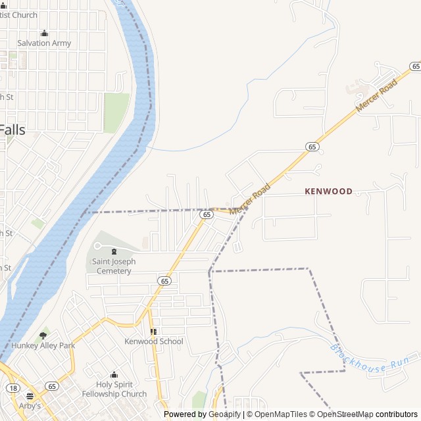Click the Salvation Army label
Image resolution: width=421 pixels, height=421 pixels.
pyautogui.click(x=44, y=43)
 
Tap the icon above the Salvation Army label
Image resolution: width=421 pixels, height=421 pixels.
pyautogui.click(x=44, y=33)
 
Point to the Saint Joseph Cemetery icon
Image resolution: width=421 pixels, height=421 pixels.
pyautogui.click(x=114, y=251)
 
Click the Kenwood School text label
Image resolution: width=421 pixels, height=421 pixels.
pyautogui.click(x=154, y=341)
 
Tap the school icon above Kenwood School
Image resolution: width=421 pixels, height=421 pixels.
pyautogui.click(x=154, y=332)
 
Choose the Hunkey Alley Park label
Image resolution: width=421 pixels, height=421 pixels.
pyautogui.click(x=43, y=345)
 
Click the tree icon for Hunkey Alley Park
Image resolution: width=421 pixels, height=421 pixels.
pyautogui.click(x=43, y=335)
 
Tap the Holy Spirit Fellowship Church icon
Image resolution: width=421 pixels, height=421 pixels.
pyautogui.click(x=114, y=374)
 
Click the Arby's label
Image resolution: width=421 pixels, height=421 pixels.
pyautogui.click(x=30, y=406)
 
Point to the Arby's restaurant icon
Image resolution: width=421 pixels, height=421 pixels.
pyautogui.click(x=30, y=396)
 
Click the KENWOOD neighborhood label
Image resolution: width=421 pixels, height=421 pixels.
pyautogui.click(x=328, y=191)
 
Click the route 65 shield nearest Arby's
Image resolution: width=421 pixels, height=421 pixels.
pyautogui.click(x=51, y=386)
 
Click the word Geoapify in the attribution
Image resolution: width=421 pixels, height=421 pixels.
pyautogui.click(x=224, y=414)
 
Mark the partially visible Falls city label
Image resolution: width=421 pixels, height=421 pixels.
pyautogui.click(x=12, y=130)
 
